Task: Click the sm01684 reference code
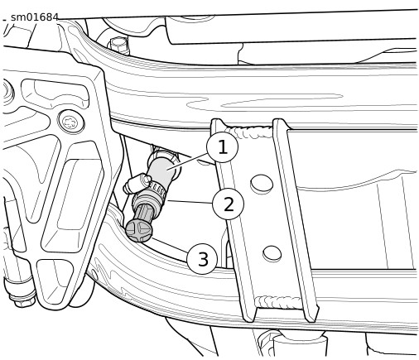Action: [x=35, y=17]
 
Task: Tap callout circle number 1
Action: [x=222, y=147]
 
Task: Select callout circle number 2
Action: [x=228, y=204]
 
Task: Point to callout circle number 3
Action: [x=202, y=258]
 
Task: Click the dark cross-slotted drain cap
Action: [x=139, y=229]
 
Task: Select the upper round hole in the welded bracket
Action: [x=262, y=184]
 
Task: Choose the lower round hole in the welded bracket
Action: [x=272, y=254]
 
